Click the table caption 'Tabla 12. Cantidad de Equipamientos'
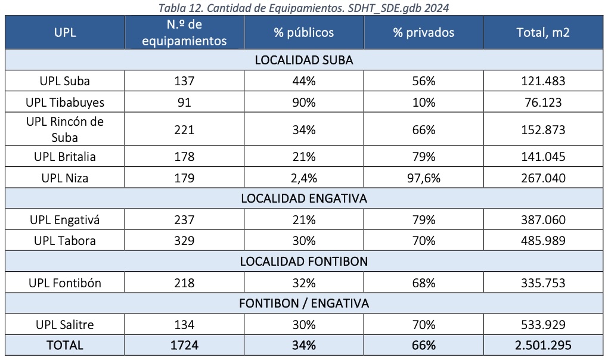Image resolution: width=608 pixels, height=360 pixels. point(303,7)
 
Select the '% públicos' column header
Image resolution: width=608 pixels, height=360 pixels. point(303,33)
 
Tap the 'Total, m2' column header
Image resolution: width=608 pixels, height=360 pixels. point(542,33)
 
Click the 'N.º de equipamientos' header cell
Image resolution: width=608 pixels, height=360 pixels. point(184,33)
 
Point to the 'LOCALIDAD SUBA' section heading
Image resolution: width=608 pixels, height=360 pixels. point(303,60)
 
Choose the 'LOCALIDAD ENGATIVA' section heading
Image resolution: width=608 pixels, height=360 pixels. point(303,198)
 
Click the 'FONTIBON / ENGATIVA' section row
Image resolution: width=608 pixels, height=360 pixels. point(303,303)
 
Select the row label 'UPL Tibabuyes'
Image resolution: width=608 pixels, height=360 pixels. point(65,103)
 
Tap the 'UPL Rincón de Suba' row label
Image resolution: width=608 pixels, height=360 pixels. point(65,129)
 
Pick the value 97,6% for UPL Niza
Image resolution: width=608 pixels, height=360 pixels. point(423,178)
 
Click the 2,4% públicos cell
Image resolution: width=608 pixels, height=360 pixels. point(303,178)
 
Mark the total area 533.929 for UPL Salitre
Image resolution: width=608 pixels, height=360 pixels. point(542,325)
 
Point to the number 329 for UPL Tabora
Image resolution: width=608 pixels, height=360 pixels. point(184,241)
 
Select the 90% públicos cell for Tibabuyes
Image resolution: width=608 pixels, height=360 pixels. point(303,103)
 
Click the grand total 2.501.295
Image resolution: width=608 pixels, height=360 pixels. point(542,345)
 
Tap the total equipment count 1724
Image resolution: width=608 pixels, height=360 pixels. point(184,345)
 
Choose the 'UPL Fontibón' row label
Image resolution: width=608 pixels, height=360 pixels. point(65,283)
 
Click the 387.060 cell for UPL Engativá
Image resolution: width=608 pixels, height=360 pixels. point(542,220)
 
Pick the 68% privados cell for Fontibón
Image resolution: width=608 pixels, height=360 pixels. point(423,283)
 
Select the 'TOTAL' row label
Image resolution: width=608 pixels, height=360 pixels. point(65,345)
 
